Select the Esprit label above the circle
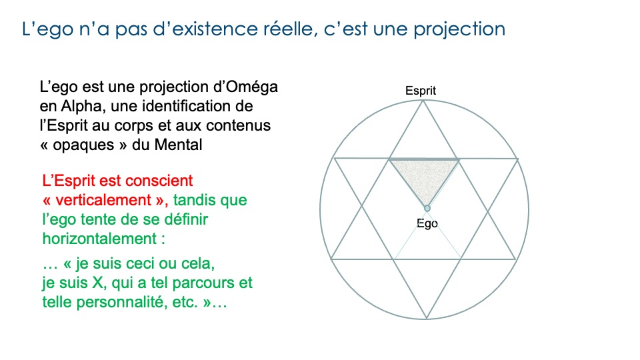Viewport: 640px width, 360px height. (x=421, y=91)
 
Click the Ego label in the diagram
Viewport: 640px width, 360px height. (x=427, y=223)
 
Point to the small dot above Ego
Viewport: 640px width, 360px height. (x=427, y=208)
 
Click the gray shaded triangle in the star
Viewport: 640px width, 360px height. (x=424, y=175)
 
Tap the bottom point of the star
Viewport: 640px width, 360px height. (x=426, y=316)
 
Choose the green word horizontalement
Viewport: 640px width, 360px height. (x=100, y=237)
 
